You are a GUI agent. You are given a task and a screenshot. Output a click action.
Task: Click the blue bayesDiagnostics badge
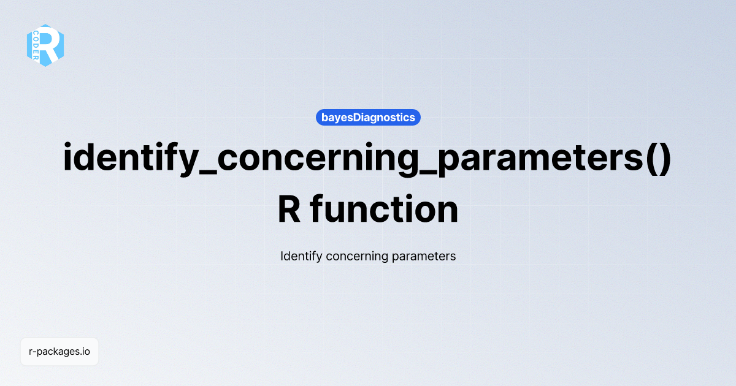click(368, 117)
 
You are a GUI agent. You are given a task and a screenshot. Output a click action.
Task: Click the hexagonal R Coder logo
click(45, 45)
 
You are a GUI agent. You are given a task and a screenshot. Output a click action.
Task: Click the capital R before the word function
click(289, 210)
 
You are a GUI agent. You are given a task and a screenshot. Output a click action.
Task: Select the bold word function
click(385, 210)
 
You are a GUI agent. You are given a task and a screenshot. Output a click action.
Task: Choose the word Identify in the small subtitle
click(301, 256)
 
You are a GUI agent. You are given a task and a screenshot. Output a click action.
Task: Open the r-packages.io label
click(59, 352)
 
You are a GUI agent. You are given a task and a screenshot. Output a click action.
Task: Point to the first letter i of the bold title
click(69, 159)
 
